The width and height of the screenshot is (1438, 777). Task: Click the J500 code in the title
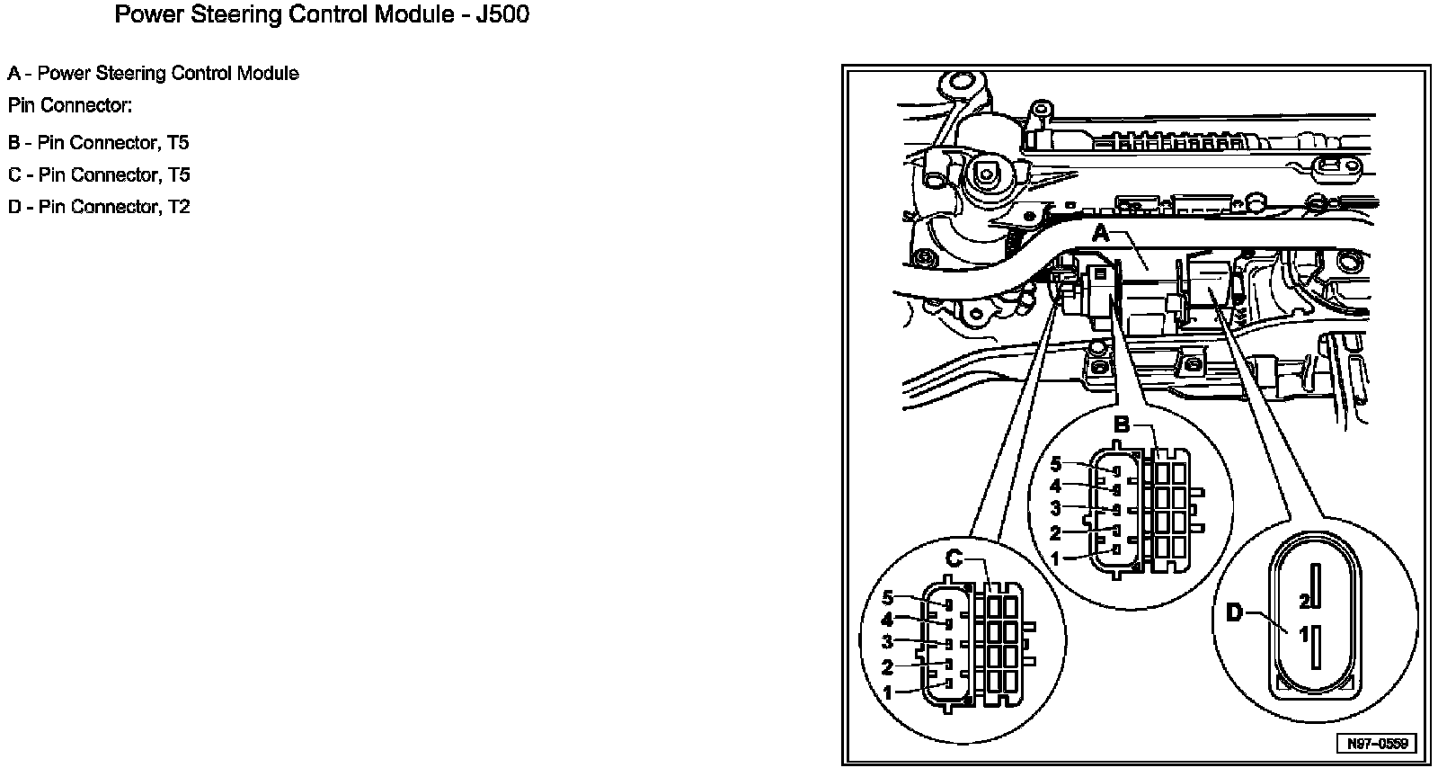(x=500, y=15)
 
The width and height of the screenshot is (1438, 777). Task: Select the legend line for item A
(x=154, y=74)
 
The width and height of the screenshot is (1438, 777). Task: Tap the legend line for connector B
(x=99, y=143)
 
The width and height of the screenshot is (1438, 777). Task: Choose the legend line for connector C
(x=99, y=174)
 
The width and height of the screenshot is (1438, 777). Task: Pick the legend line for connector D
(x=99, y=207)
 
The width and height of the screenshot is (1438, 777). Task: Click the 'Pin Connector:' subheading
(x=70, y=106)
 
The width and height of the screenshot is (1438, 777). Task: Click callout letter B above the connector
(x=1122, y=424)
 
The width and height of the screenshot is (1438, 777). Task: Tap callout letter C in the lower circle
(x=954, y=559)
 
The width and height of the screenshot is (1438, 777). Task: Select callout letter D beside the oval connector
(x=1235, y=613)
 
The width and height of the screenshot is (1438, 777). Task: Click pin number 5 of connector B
(x=1056, y=465)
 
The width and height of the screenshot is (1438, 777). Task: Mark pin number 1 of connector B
(x=1056, y=558)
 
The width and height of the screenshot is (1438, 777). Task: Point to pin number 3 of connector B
(x=1056, y=509)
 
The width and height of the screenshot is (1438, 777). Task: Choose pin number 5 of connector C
(x=888, y=598)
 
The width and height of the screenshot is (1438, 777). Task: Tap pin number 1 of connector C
(x=888, y=693)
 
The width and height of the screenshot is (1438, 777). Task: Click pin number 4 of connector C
(x=888, y=621)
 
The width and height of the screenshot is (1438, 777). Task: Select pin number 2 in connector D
(x=1304, y=600)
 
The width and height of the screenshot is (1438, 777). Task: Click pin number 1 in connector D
(x=1304, y=634)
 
